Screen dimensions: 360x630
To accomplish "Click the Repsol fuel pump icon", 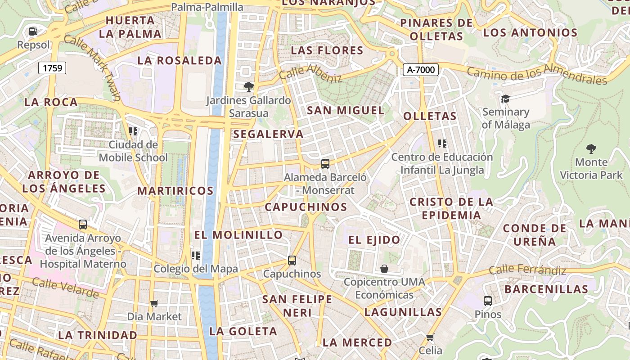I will [33, 31].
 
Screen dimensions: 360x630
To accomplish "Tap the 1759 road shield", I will [53, 68].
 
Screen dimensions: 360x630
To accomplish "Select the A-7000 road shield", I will [420, 69].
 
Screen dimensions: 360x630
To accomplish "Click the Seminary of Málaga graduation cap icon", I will [505, 99].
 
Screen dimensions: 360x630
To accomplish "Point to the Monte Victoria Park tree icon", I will [591, 149].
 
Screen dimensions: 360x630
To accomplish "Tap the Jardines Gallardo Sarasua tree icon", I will [248, 86].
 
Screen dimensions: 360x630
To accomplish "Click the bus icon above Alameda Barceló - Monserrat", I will [325, 164].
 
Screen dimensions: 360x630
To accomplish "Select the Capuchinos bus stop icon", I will [292, 260].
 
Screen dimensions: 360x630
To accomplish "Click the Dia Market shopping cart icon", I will [154, 303].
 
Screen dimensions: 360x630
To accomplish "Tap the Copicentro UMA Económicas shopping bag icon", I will [384, 269].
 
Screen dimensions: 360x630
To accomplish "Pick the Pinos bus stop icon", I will [487, 301].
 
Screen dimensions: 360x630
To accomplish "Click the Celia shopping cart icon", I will [430, 337].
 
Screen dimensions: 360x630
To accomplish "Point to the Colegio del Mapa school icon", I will [195, 256].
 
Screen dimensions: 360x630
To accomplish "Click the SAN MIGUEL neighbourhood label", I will [345, 110].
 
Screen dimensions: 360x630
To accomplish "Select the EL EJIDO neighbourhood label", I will [374, 240].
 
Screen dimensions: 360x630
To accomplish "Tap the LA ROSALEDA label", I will [180, 60].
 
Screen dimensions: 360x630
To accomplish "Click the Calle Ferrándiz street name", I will [527, 270].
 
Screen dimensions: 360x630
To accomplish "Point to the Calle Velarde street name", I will [65, 288].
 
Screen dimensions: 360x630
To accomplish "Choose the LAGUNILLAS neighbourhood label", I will [403, 312].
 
